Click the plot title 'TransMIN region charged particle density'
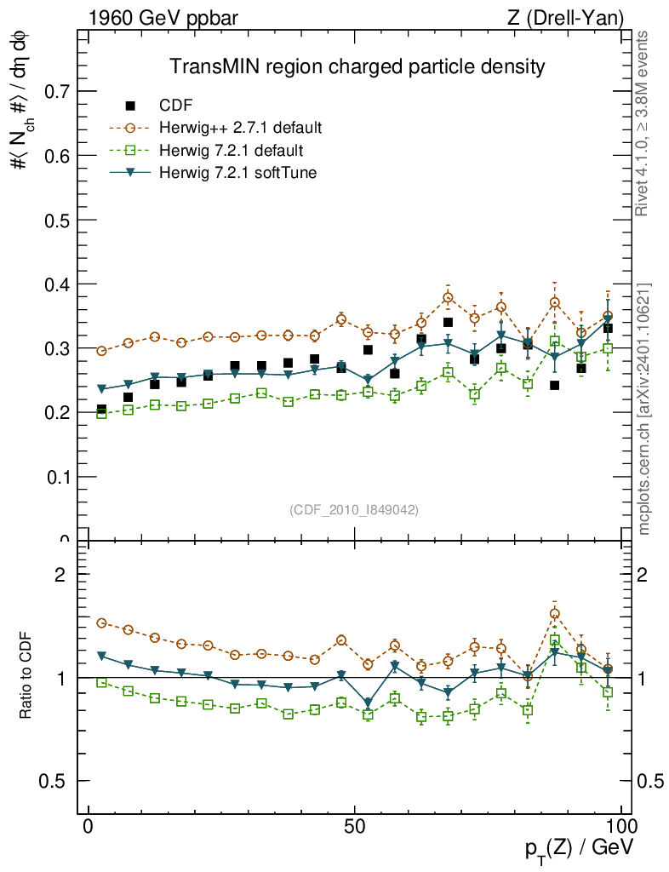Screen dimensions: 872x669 tap(356, 66)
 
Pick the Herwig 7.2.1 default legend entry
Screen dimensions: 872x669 tap(231, 151)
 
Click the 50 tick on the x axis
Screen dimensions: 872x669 tap(355, 826)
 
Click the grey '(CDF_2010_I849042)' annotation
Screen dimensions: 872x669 tap(354, 509)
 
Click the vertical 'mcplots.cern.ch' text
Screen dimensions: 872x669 tap(644, 409)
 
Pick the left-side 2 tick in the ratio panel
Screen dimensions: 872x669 tap(60, 574)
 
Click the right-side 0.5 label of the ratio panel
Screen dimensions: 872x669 tap(651, 781)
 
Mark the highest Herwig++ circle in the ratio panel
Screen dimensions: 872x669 tap(554, 613)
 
